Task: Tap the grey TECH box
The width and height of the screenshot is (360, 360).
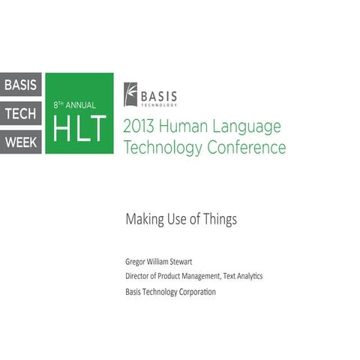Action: point(22,112)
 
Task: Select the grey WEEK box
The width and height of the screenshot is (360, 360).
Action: point(22,141)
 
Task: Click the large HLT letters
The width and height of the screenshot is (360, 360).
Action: point(79,127)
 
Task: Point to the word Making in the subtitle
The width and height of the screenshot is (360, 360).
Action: point(145,220)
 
